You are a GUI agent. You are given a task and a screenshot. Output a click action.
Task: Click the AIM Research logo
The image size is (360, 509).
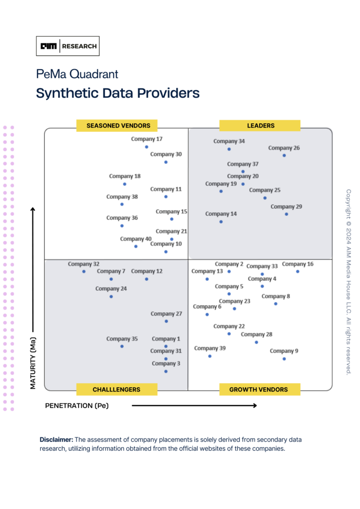click(70, 46)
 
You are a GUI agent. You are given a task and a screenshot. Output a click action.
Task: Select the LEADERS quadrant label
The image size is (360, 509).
click(260, 126)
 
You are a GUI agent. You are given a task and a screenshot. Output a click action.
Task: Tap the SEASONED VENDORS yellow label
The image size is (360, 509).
click(116, 126)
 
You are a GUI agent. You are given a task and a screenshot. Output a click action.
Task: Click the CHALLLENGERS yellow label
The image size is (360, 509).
click(116, 389)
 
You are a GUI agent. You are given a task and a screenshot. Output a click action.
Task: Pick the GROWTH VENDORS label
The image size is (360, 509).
click(260, 389)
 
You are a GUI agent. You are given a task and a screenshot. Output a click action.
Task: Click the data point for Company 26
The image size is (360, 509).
click(284, 156)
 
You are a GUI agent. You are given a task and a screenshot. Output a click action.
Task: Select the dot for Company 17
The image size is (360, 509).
click(146, 147)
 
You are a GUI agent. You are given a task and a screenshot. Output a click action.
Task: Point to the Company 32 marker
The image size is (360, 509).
click(84, 271)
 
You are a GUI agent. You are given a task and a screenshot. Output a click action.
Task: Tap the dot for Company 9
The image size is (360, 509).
click(284, 358)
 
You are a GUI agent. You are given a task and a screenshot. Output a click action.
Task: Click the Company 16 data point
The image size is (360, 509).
click(297, 271)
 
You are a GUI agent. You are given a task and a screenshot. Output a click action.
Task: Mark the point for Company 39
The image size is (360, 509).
click(210, 356)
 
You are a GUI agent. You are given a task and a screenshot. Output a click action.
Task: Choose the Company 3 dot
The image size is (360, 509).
click(166, 371)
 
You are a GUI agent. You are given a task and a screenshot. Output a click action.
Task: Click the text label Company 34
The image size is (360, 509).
click(229, 141)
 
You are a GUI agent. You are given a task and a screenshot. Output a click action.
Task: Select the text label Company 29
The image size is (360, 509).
click(286, 207)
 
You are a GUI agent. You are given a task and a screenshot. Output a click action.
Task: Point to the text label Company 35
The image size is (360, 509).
click(122, 339)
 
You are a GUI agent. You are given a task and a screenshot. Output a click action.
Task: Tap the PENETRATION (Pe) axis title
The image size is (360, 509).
click(77, 406)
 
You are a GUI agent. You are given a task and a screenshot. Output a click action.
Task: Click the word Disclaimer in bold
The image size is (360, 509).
click(56, 440)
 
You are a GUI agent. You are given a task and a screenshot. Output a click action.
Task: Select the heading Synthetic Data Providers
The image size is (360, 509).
click(118, 93)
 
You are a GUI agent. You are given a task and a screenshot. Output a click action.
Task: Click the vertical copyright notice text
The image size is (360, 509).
click(349, 282)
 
